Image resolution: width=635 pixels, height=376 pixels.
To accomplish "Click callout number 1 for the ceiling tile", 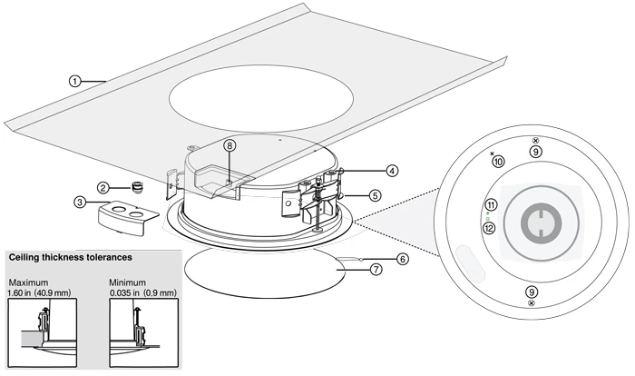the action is coord(74,81).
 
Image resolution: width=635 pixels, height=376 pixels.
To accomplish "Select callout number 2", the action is coord(103,187).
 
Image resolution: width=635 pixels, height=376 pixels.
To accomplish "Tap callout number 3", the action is coord(80,202).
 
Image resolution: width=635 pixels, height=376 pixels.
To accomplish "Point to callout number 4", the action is coord(392,171).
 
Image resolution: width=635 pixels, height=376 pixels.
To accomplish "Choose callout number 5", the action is coord(375,195).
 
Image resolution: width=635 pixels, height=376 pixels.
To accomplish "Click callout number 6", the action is coord(402,259).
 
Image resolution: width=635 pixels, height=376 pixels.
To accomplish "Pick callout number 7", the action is coord(376,269).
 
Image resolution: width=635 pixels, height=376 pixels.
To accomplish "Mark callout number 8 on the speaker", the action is coord(230,145).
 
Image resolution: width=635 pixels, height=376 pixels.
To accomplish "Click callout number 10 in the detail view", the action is coord(499,162).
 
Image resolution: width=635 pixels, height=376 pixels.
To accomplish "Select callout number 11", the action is coord(492,204).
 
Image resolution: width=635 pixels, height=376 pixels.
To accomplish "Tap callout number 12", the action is coord(490,228).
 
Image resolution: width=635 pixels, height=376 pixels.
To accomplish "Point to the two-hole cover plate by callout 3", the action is coord(129,218).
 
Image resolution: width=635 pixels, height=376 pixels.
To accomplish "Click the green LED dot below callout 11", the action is coord(488,213).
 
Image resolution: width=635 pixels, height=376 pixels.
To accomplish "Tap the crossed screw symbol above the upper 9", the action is coord(535,141).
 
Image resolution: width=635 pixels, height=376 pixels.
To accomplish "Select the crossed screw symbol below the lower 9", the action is coord(532,303).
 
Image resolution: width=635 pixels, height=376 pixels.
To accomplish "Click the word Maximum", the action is coord(28,282).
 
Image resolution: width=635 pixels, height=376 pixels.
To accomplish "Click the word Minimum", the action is coord(128,282).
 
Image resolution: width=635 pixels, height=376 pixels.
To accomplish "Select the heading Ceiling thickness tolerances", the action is coord(71,257).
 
